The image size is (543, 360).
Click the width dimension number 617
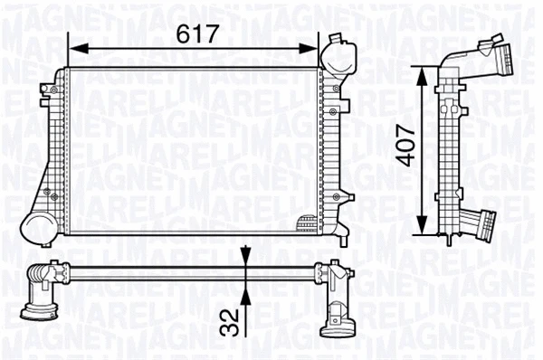tap(198, 33)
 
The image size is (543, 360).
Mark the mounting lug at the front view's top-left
tap(46, 89)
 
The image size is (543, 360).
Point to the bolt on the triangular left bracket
tap(54, 195)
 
